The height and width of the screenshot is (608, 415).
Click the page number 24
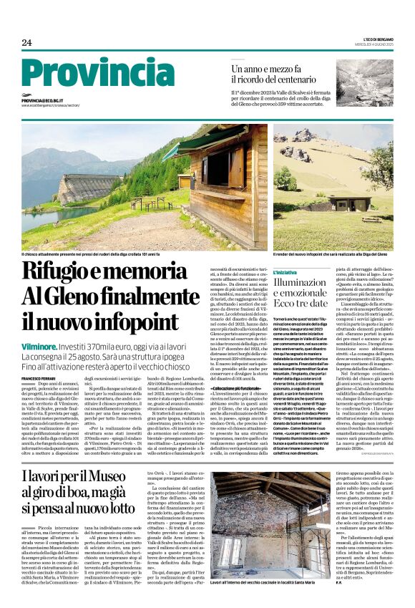[26, 42]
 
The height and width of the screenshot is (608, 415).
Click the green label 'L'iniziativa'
[285, 273]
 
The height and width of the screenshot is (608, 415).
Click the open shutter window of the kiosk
[233, 169]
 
